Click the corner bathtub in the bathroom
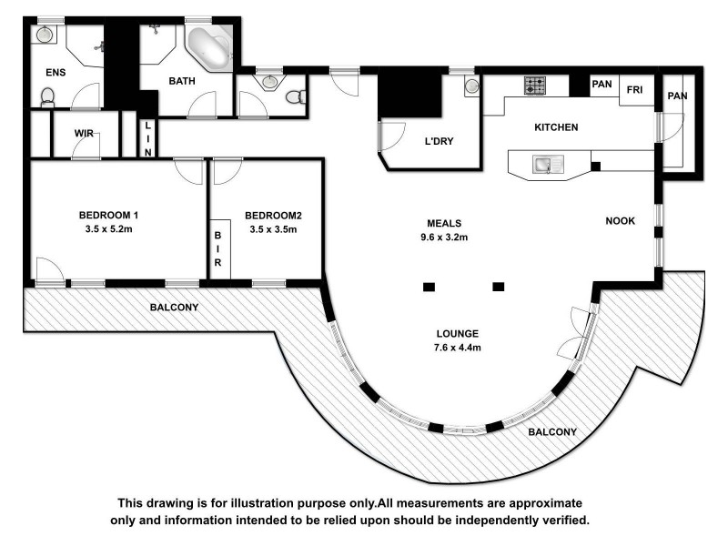pos(208,49)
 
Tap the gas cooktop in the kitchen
pos(534,86)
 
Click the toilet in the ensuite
pos(48,96)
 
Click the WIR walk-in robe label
pos(86,134)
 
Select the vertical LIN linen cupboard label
pos(147,143)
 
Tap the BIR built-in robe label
pos(219,248)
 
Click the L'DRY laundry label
pos(439,141)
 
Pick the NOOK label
pos(621,221)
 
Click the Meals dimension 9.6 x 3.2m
pos(445,238)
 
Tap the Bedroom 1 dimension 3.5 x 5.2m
pos(108,229)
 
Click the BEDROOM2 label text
pos(273,216)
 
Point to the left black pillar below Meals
pos(429,287)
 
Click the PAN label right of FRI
pos(675,96)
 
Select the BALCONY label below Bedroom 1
pos(174,308)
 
